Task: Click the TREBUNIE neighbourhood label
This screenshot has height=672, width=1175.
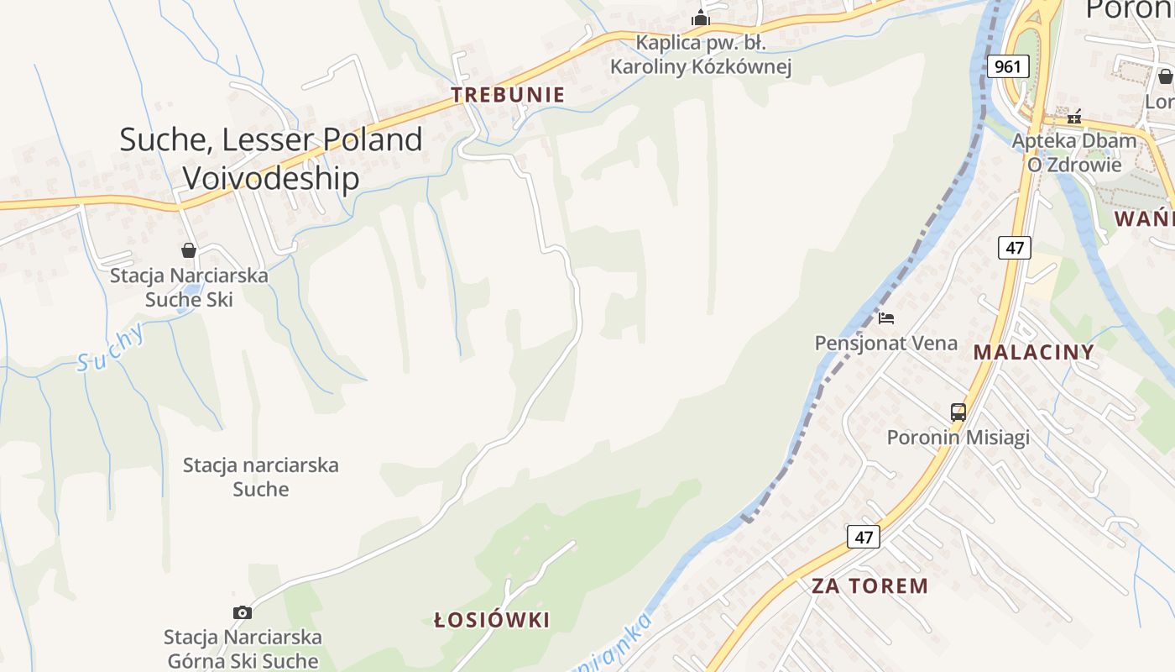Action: pos(508,95)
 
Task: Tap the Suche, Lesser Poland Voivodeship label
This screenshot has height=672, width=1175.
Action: pos(271,159)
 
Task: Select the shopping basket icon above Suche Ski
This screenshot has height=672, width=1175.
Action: pos(189,250)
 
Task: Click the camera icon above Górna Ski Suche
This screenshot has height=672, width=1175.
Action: pos(242,612)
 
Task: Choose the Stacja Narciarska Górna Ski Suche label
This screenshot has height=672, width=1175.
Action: pos(243,648)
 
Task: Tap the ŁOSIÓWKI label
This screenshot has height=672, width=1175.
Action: pos(492,621)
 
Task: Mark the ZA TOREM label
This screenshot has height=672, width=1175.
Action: pos(869,586)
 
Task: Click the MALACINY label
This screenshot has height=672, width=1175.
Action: pos(1034,352)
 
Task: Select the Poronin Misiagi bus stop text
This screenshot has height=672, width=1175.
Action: pos(958,438)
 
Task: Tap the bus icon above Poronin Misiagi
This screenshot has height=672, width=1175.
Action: pos(958,412)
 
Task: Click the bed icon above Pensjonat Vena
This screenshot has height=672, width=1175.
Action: pos(886,318)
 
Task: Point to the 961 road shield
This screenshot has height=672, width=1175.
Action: pos(1008,66)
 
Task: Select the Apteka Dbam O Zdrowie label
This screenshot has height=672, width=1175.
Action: pos(1074,152)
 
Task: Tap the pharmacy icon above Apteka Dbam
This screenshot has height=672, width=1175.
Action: pos(1074,116)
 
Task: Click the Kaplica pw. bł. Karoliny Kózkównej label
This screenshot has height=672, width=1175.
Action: pos(701,55)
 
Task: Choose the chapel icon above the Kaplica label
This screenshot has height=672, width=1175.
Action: pos(701,18)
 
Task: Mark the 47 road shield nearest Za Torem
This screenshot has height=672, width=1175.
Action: pos(864,537)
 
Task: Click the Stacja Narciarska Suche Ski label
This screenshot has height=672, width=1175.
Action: pos(189,287)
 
